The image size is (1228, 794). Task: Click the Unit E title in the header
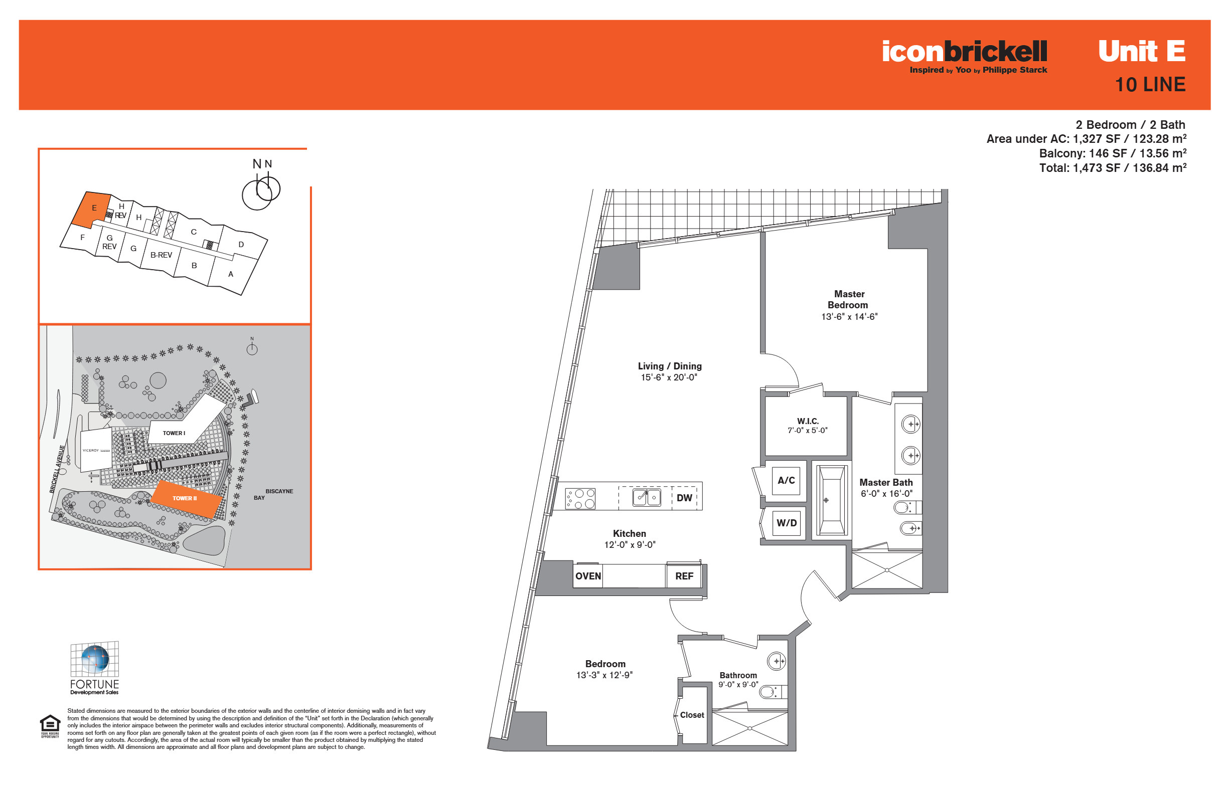[1141, 51]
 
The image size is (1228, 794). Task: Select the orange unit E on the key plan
[92, 210]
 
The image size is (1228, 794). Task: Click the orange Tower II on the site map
[186, 499]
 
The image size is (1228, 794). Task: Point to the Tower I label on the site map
[174, 433]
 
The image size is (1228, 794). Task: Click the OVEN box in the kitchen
[588, 576]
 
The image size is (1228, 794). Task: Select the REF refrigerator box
[684, 576]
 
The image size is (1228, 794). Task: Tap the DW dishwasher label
[684, 498]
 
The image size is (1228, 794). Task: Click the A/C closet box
[786, 481]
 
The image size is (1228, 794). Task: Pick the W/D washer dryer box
[787, 523]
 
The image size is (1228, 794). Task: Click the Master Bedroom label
[848, 300]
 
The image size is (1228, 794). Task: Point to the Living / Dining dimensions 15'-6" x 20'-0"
[669, 377]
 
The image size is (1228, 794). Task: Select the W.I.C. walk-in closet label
[808, 421]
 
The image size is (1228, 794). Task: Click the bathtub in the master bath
[831, 500]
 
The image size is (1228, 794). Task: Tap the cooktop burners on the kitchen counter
[580, 499]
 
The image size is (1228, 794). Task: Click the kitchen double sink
[647, 498]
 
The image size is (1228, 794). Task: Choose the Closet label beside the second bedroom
[692, 715]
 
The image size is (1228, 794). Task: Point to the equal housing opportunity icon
[50, 726]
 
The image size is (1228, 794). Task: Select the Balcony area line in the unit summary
[1113, 153]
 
